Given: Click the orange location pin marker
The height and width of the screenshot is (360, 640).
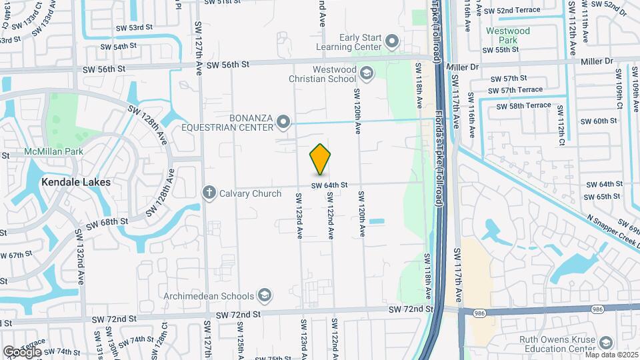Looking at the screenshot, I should click(321, 159).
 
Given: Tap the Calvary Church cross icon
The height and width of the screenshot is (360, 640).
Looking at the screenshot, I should click(209, 193).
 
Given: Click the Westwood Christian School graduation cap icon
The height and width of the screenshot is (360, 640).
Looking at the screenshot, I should click(365, 73).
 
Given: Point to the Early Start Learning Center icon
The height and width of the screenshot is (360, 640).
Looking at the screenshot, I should click(392, 43).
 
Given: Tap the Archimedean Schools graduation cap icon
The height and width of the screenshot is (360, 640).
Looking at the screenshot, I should click(265, 295).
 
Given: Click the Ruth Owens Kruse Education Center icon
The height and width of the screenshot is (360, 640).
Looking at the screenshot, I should click(605, 343).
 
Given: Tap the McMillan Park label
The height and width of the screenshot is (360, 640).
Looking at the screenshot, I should click(53, 151).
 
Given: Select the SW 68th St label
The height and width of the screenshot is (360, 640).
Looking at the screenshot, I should click(107, 221).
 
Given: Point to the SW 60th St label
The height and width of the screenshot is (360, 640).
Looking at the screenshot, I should click(599, 121).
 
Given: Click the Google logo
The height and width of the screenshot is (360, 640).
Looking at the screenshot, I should click(22, 351).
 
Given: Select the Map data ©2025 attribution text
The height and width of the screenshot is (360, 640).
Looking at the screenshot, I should click(611, 355).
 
